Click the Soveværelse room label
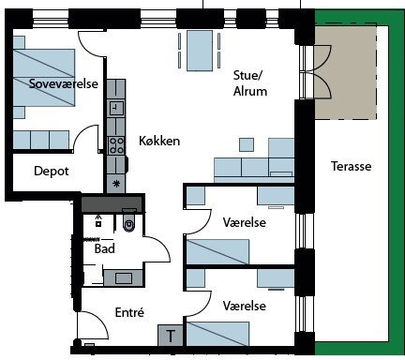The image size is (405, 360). coord(64,83)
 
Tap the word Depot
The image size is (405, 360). coord(52,171)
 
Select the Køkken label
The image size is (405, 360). coord(159,141)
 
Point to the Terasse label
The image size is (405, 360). coord(352,166)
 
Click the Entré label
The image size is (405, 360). coord(129,312)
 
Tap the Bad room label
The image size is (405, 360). coord(105,248)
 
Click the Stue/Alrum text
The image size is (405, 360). coord(250,83)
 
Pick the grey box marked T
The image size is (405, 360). coord(171,336)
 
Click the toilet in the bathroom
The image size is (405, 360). coord(129,220)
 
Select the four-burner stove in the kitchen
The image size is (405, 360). coord(116,145)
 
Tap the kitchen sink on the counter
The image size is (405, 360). coord(116,108)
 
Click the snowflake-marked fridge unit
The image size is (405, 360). coord(116,184)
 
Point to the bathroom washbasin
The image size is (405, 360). coord(124,277)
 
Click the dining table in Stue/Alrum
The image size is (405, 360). coord(200,51)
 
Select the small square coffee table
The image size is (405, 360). coord(247,145)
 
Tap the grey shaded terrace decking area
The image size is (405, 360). coord(345,72)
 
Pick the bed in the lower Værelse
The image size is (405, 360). coord(217,334)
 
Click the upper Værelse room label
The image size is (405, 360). coord(245,222)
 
